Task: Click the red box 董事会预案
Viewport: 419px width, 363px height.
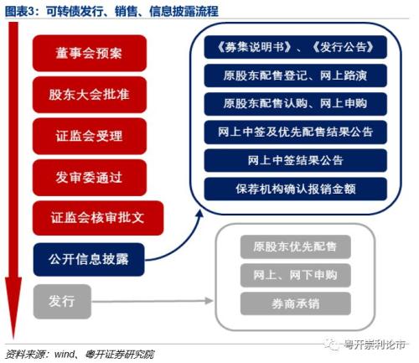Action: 90,53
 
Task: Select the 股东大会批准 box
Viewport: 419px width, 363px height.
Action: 90,95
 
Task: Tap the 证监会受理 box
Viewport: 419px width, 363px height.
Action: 90,136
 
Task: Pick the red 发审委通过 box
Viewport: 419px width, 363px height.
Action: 90,178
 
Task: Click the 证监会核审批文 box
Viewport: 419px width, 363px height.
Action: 98,218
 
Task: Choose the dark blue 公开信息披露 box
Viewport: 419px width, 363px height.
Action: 89,259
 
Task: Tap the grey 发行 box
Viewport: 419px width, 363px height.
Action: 62,302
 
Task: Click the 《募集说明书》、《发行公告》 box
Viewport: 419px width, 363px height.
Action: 296,47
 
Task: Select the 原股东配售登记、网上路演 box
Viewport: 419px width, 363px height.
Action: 296,75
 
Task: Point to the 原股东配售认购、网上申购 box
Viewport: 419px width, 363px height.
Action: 296,104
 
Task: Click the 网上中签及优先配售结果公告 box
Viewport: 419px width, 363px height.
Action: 296,132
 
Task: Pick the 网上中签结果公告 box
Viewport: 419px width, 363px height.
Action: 296,161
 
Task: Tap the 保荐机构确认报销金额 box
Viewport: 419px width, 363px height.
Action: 296,189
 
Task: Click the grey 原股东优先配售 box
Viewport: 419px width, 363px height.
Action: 296,246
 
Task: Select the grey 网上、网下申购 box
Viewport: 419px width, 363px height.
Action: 296,275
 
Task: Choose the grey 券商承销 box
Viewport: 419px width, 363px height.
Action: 296,303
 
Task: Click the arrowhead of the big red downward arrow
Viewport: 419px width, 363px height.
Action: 13,338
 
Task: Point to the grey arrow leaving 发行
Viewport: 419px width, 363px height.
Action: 153,301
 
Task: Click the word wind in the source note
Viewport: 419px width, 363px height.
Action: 65,354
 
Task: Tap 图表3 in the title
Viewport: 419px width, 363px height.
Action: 19,12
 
